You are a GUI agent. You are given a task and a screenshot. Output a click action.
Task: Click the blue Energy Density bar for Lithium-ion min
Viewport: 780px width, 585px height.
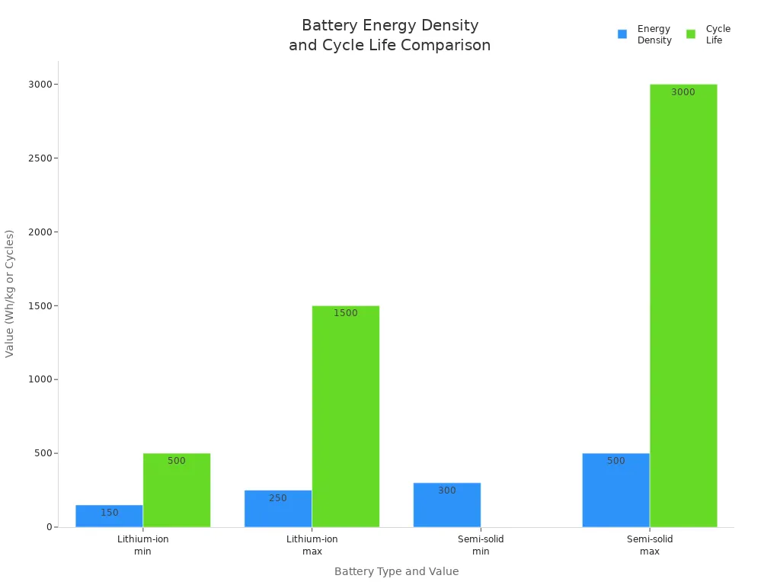109,516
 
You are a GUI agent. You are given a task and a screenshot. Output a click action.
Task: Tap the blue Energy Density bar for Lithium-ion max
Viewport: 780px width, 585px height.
278,508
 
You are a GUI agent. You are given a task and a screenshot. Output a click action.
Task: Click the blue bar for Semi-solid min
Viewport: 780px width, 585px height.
447,504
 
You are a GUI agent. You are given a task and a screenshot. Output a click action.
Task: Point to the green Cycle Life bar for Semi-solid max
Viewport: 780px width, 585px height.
683,305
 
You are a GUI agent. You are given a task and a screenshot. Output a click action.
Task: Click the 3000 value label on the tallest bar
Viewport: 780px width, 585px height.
682,92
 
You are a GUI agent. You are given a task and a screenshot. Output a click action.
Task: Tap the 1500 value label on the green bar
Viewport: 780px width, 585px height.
345,313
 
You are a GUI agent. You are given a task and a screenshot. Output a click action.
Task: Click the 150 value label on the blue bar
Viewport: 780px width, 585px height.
109,513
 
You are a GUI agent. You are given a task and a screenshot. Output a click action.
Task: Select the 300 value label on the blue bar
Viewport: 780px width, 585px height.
447,491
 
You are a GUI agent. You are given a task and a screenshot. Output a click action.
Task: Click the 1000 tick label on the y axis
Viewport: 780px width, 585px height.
40,379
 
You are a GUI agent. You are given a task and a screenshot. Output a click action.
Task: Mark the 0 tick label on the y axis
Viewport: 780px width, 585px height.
48,527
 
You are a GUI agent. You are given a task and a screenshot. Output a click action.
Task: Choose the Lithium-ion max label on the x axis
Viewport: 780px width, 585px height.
312,545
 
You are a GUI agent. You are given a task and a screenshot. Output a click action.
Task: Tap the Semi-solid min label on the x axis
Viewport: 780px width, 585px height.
481,545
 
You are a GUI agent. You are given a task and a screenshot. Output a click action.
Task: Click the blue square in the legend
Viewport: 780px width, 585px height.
622,34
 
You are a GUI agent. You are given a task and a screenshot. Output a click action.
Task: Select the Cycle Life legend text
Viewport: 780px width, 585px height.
718,34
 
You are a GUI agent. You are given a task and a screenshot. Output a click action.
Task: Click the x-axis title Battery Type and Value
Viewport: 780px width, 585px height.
396,571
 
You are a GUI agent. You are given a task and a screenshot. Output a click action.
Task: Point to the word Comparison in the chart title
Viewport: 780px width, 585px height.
446,46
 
